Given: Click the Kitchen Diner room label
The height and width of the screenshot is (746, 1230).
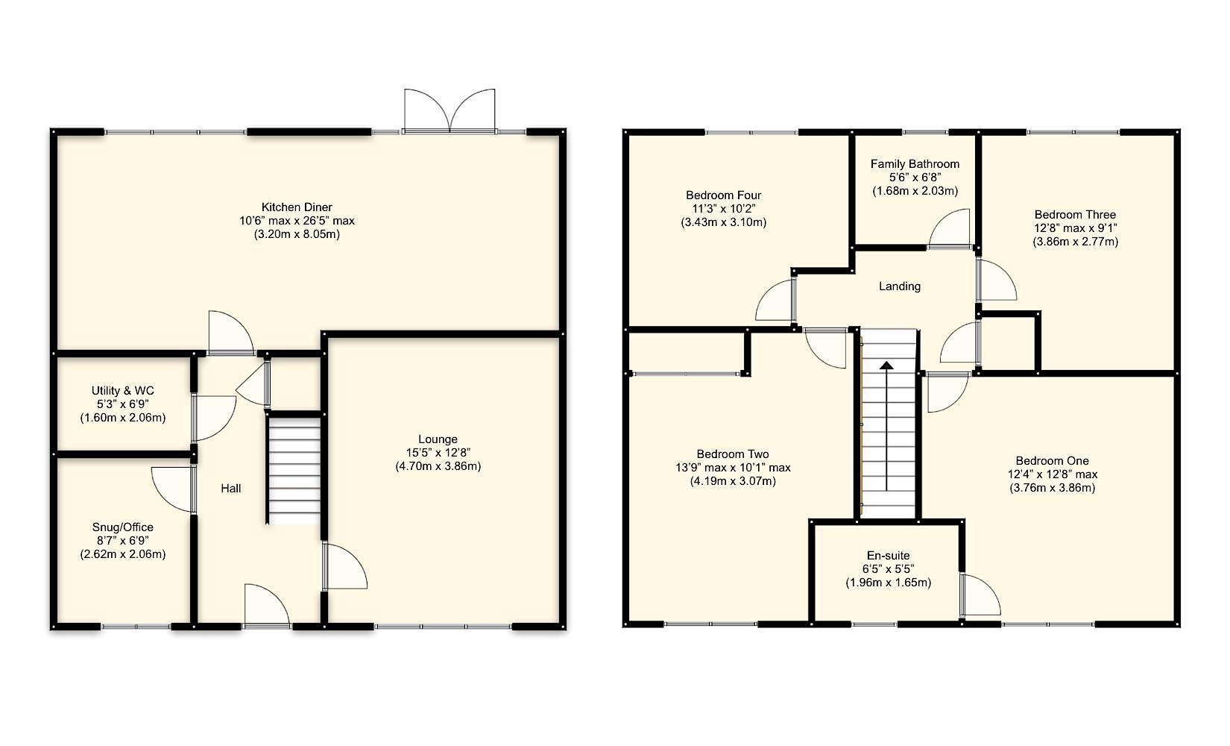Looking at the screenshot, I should coord(297,207).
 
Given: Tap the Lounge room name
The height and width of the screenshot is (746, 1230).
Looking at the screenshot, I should coord(438,439).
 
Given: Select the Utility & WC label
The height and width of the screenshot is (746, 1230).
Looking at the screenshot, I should coord(123,391).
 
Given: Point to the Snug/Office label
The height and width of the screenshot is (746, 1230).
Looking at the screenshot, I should coord(123,527).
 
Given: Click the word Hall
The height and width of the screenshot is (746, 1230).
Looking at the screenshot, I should coord(231,489).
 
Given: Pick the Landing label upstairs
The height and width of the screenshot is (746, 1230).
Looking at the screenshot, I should coord(900,286).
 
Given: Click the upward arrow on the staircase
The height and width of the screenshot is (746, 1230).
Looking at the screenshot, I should coord(886,366).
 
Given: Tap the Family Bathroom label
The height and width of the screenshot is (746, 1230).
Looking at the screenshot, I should coord(915,164).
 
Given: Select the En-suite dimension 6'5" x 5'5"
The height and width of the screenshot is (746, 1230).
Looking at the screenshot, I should coord(888,569).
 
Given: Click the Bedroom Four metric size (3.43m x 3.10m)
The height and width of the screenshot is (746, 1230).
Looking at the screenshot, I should coord(723,222).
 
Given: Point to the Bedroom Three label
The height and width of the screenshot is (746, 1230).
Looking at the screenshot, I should coord(1075,215).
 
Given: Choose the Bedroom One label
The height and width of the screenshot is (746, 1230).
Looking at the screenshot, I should coord(1052,461).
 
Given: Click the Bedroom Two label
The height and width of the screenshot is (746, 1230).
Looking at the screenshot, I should coord(733,454).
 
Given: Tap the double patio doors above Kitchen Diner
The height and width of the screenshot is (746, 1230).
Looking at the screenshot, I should coord(450,112).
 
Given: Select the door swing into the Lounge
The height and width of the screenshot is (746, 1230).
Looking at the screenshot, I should coord(344,567).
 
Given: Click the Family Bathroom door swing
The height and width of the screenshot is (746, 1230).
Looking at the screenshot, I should coord(951,228).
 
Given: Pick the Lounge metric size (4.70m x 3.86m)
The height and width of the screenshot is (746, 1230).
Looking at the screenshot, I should coord(438,466).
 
